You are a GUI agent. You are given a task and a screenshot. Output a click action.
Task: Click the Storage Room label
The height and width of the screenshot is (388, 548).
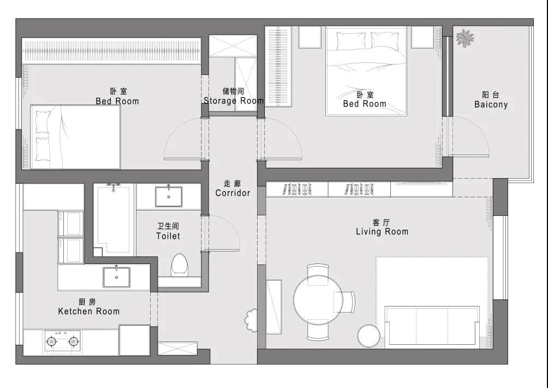coord(234,101)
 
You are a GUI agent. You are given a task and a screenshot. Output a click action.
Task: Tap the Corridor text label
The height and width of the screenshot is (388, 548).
coord(233,193)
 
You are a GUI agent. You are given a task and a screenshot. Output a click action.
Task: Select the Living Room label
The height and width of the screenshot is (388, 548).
coord(382,232)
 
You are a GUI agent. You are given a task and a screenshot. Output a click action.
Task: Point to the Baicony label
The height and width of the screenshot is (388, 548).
coord(491,104)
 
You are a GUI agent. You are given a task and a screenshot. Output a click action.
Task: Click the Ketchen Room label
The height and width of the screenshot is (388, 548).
coord(89,311)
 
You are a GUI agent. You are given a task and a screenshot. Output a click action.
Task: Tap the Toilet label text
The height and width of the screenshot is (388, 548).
coord(168,236)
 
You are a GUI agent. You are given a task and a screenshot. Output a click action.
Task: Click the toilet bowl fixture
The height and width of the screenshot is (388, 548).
coord(180,265)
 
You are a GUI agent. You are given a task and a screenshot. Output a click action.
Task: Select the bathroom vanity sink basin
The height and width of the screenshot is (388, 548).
coord(169,197)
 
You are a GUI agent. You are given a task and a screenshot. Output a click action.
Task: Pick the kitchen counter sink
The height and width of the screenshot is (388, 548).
coord(116,277)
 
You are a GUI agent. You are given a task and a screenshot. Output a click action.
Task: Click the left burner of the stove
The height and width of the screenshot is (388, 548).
coord(52,341)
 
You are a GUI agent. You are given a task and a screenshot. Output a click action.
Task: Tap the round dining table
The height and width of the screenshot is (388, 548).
coord(318,300)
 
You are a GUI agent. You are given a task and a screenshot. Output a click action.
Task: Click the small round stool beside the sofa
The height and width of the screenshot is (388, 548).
coord(368,336)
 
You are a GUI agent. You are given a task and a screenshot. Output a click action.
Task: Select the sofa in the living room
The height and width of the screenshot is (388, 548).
coord(432,327)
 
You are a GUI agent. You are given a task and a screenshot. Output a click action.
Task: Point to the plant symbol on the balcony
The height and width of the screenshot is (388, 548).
coord(465,38)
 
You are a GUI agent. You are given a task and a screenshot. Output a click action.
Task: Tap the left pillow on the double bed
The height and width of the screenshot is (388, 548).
coord(351,41)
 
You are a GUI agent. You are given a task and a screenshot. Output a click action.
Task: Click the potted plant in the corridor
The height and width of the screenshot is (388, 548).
coord(251,320)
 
